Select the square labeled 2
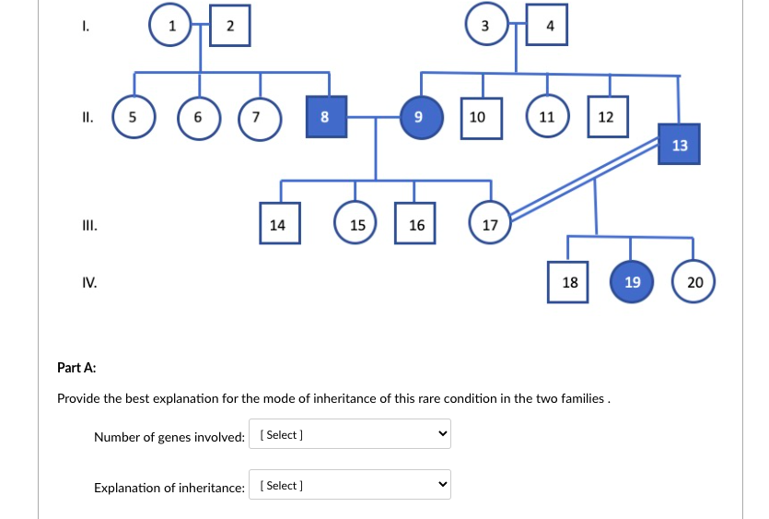pos(230,25)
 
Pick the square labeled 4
pos(550,25)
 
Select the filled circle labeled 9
pos(419,117)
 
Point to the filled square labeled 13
pos(680,145)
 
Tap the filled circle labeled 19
pos(632,281)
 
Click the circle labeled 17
pos(490,224)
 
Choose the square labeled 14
pos(277,224)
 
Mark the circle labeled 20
pos(694,281)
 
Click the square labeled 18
pos(570,281)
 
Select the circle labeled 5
pos(134,117)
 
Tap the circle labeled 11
pos(546,117)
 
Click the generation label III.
pos(89,224)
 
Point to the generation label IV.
pos(89,281)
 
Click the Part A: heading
pos(76,368)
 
